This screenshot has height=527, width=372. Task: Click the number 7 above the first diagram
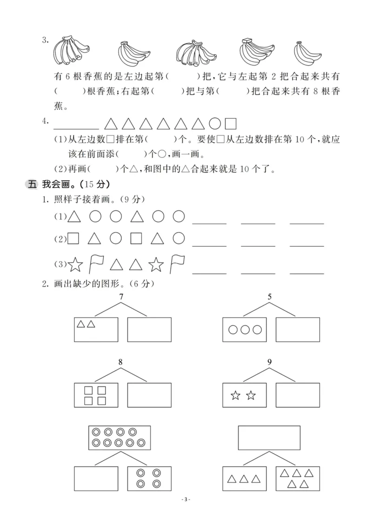[x=121, y=297]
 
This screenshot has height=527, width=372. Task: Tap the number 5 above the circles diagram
[x=270, y=297]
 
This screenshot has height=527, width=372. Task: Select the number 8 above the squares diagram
[x=121, y=362]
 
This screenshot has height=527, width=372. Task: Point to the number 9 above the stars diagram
[x=270, y=362]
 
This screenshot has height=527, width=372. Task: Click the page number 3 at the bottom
[x=186, y=513]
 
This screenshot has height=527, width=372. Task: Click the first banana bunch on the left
[x=69, y=51]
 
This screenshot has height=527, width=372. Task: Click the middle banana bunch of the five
[x=194, y=52]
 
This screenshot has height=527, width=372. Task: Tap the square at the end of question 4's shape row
[x=231, y=124]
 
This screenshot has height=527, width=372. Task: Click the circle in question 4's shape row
[x=214, y=124]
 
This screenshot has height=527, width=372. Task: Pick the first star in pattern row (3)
[x=75, y=265]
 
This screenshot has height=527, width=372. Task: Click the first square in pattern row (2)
[x=73, y=239]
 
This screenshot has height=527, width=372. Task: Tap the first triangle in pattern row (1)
[x=74, y=216]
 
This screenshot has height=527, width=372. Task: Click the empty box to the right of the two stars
[x=298, y=395]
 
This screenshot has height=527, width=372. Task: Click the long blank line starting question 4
[x=76, y=128]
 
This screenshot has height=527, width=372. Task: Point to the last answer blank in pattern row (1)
[x=306, y=223]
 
